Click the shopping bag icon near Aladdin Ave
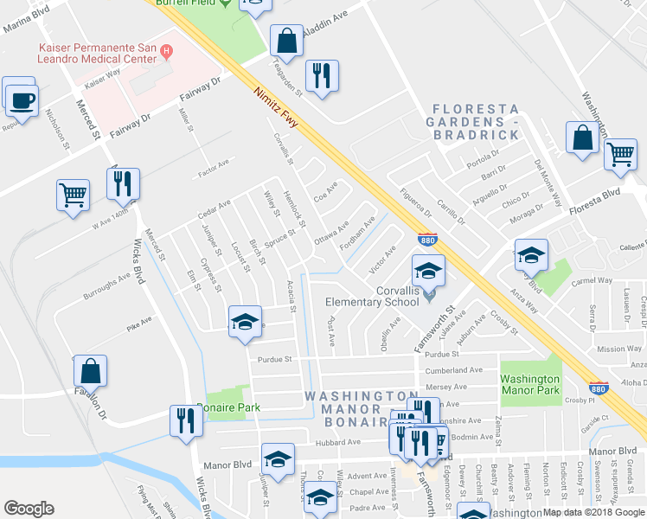[286, 40]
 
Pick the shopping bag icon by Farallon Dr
[90, 372]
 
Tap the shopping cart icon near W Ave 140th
[73, 194]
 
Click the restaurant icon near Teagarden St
[322, 76]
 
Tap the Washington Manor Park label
[529, 384]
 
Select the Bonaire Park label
[227, 407]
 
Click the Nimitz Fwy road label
[277, 107]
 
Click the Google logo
[29, 508]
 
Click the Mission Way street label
[618, 349]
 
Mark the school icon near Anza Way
[531, 255]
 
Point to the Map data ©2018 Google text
[593, 512]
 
